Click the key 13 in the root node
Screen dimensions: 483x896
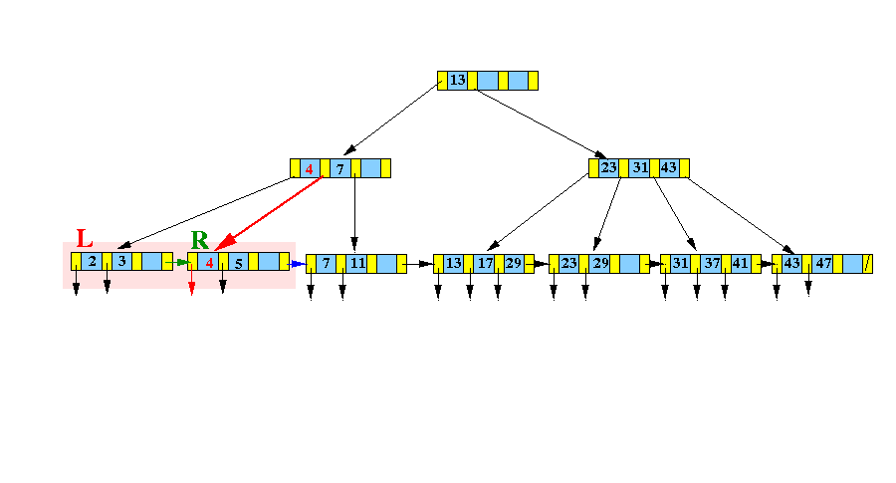click(x=458, y=81)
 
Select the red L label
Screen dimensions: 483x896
click(x=85, y=239)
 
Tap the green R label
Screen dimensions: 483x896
click(x=200, y=240)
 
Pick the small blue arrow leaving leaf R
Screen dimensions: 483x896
click(x=296, y=264)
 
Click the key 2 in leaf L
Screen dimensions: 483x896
click(x=92, y=262)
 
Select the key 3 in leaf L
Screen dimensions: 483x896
click(x=121, y=262)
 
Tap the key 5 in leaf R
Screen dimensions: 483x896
click(x=239, y=264)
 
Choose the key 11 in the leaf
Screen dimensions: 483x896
click(x=357, y=264)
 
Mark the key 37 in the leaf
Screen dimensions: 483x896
click(x=712, y=264)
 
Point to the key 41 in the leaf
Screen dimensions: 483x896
click(x=740, y=264)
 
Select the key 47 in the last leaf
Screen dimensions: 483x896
click(x=823, y=264)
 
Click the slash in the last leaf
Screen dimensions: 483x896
click(x=867, y=264)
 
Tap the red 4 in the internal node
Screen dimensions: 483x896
click(x=310, y=168)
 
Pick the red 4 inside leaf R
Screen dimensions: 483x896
click(x=209, y=264)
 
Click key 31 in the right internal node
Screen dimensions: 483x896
click(x=639, y=168)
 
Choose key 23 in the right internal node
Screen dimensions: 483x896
click(x=609, y=168)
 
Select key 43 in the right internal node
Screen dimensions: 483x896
click(x=669, y=168)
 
